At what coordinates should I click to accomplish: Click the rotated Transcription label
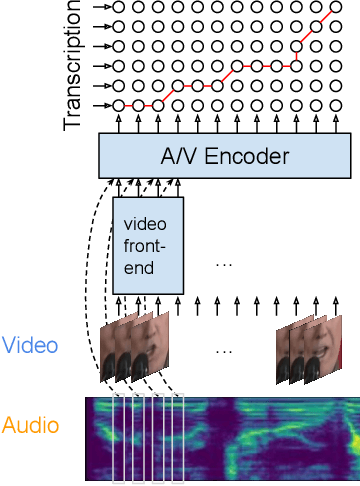[x=72, y=66]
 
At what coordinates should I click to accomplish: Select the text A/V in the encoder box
[x=182, y=156]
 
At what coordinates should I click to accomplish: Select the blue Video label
[x=30, y=346]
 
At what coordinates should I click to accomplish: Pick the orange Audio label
[x=30, y=424]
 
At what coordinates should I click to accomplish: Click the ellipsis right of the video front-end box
[x=224, y=262]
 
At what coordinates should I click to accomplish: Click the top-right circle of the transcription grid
[x=336, y=7]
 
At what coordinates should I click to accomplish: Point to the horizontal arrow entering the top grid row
[x=100, y=7]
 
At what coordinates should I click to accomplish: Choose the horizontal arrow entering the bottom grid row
[x=100, y=105]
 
